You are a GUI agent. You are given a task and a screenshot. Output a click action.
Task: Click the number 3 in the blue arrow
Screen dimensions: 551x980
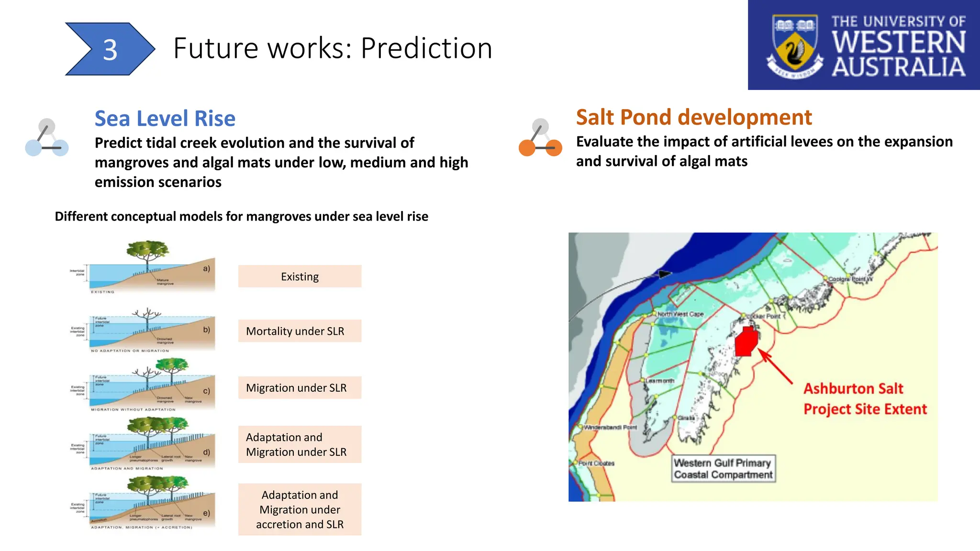click(x=110, y=50)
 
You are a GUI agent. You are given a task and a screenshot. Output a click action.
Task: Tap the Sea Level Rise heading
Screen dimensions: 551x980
click(x=165, y=119)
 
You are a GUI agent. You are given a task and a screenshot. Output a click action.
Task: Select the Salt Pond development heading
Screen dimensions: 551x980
click(x=693, y=117)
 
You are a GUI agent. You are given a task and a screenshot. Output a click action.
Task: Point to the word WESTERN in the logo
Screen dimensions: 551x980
click(x=898, y=42)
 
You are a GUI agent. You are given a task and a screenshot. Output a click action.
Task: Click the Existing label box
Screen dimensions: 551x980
click(x=300, y=276)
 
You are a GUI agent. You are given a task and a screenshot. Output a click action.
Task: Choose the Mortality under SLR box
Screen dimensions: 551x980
click(x=300, y=331)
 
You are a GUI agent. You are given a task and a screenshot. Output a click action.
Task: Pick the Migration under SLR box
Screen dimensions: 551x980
click(x=300, y=388)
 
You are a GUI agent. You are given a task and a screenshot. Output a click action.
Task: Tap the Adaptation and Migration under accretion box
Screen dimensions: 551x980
click(x=300, y=509)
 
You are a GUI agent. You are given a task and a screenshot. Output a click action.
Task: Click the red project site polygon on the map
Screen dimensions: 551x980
click(x=746, y=342)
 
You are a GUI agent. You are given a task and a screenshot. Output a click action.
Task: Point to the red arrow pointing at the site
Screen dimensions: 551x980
click(x=775, y=367)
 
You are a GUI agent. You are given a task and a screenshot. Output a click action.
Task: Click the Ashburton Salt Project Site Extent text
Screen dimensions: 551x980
click(x=864, y=399)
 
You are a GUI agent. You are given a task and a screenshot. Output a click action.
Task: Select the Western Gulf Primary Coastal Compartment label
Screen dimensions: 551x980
click(x=723, y=469)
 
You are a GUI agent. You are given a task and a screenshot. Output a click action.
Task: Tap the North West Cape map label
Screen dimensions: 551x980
click(x=680, y=314)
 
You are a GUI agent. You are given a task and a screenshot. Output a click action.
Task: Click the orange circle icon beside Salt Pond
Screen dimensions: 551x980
click(x=527, y=148)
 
